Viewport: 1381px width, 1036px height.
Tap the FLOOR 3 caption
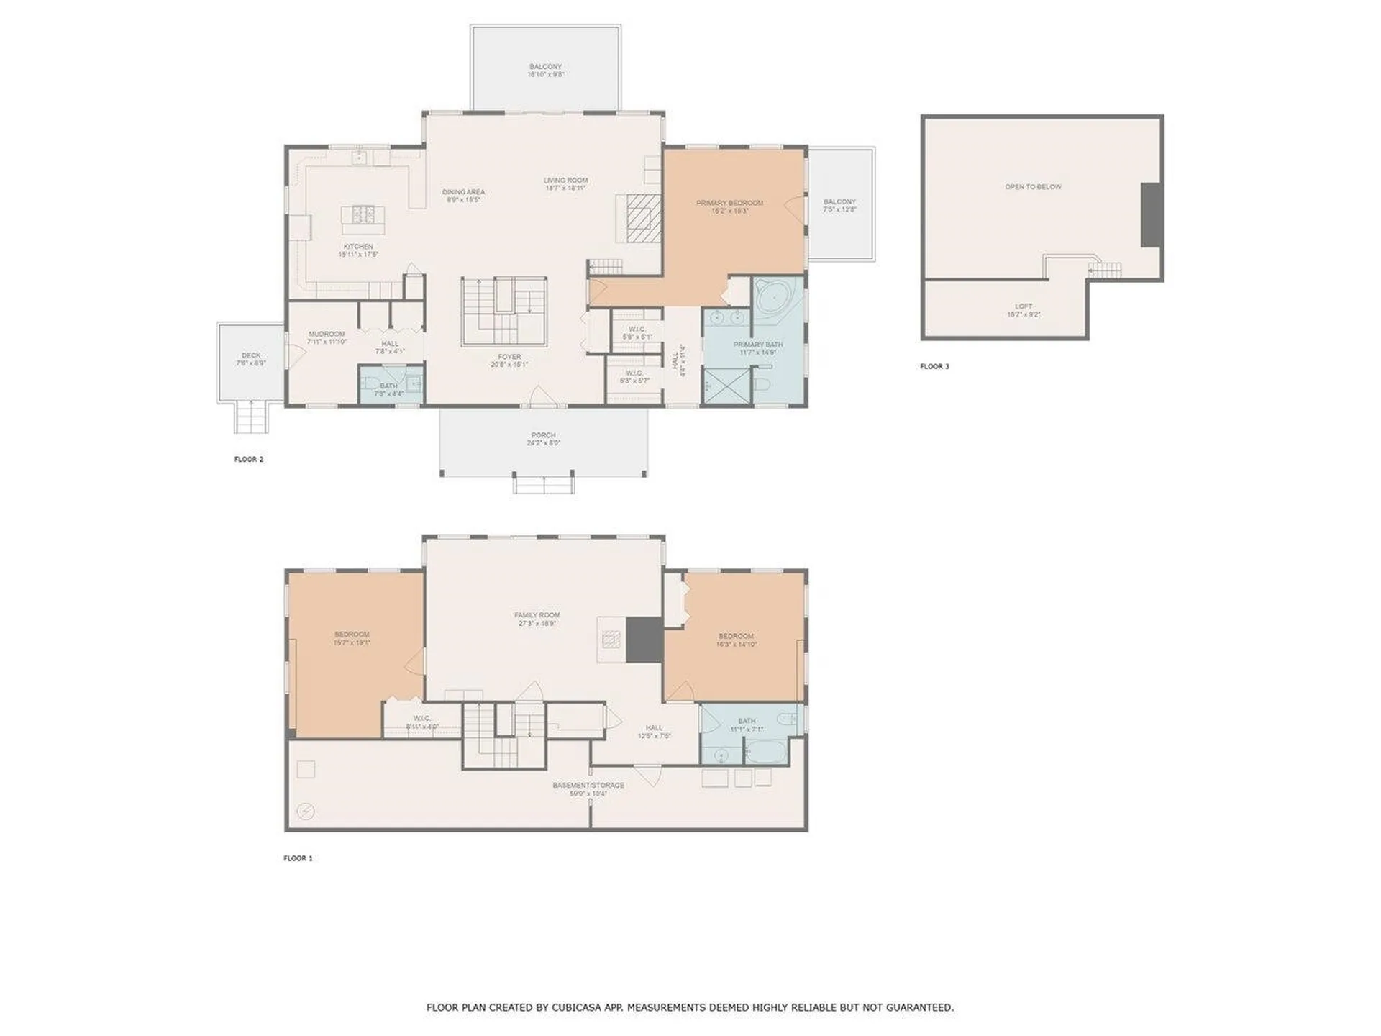pyautogui.click(x=934, y=366)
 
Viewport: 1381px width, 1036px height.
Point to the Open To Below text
pyautogui.click(x=1033, y=187)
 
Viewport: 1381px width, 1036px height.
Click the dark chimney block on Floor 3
pyautogui.click(x=1151, y=214)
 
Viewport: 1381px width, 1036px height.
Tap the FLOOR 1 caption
pyautogui.click(x=298, y=858)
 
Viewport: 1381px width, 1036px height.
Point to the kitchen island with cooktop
pyautogui.click(x=363, y=214)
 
